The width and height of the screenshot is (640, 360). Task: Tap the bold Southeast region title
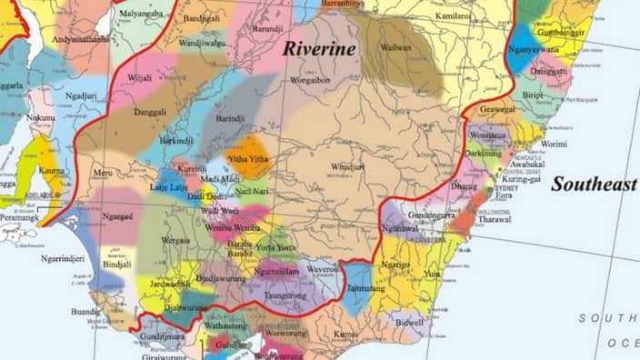(x=594, y=184)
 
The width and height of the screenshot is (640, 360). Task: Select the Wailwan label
(x=396, y=46)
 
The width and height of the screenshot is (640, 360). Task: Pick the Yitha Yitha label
(x=248, y=159)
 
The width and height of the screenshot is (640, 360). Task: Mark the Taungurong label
(x=285, y=295)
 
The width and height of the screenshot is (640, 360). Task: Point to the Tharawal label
(x=494, y=219)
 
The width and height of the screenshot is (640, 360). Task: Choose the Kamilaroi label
(x=452, y=16)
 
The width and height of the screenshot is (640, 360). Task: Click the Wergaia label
(x=176, y=241)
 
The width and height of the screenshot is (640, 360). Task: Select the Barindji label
(x=229, y=117)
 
